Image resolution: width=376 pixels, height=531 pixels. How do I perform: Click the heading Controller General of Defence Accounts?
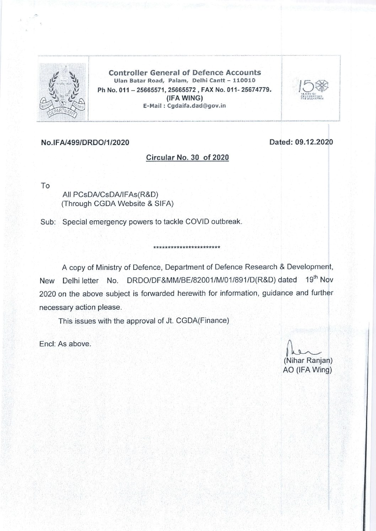184,73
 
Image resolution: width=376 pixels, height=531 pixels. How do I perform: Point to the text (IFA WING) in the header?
182,98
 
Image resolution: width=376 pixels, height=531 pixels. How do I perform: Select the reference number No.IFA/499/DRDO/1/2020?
85,143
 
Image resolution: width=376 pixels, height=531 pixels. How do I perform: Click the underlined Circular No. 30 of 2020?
187,157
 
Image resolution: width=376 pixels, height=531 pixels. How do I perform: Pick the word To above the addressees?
45,186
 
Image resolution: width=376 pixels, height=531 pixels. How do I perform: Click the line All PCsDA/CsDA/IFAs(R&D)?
110,195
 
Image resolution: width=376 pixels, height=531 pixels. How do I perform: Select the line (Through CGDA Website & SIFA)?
118,204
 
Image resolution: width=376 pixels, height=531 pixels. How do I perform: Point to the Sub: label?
48,222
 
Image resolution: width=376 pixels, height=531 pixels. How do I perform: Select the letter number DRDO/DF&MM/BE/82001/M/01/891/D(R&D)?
202,280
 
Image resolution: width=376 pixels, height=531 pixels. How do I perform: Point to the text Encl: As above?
65,344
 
